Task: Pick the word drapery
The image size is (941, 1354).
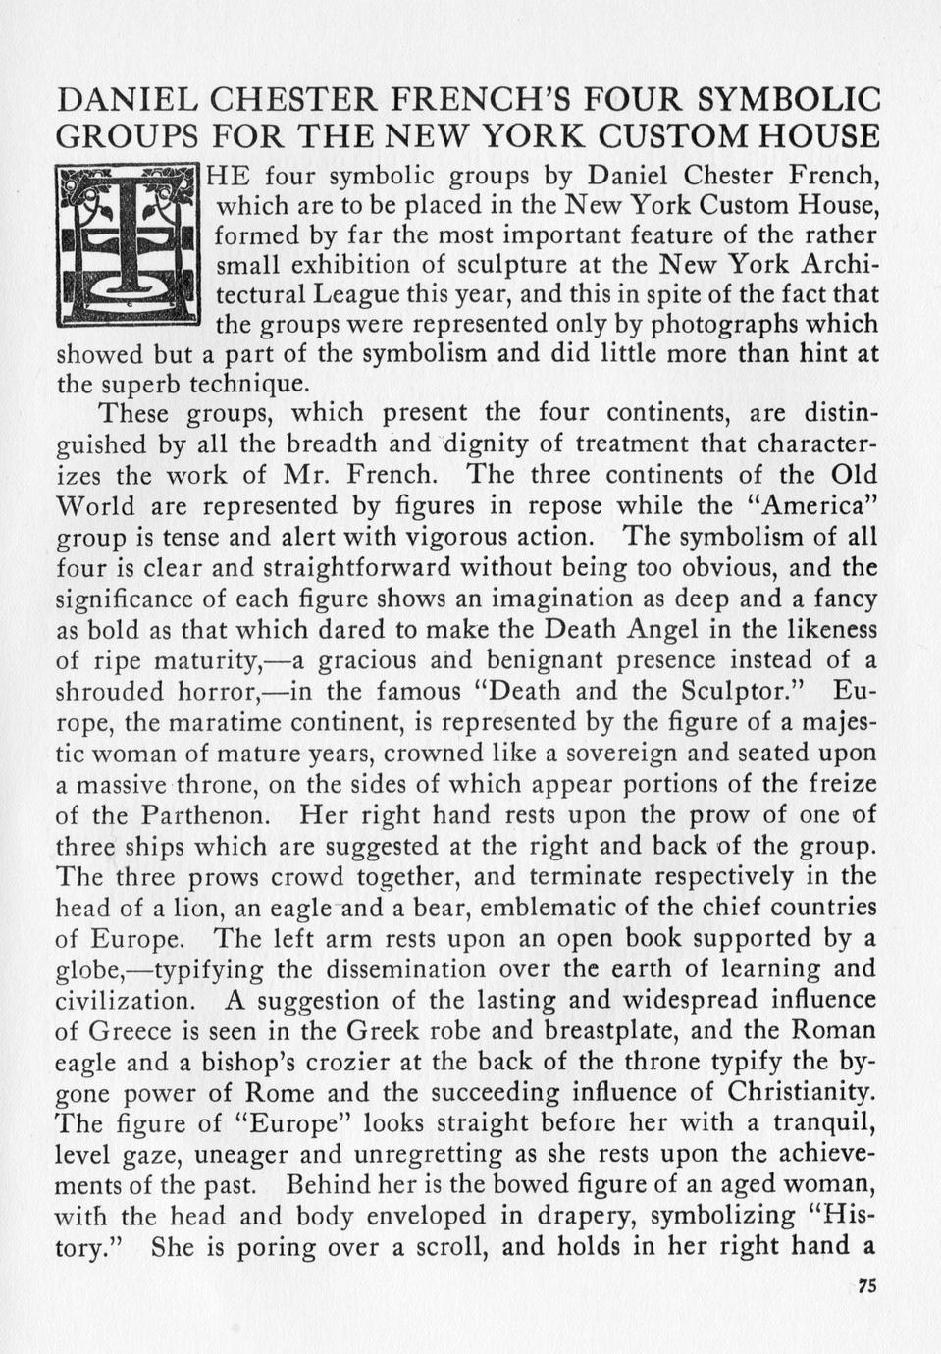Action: (571, 1217)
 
